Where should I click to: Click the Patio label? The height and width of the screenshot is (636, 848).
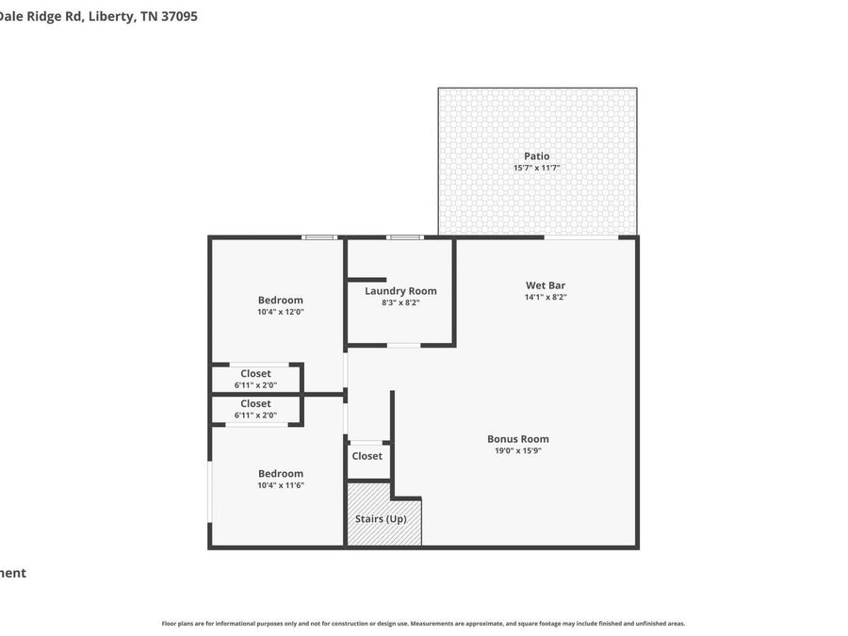(536, 156)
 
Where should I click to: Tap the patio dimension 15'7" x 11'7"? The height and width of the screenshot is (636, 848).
(536, 168)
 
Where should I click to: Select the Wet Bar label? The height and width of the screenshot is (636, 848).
(545, 285)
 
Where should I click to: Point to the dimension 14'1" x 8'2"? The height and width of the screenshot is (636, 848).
(545, 297)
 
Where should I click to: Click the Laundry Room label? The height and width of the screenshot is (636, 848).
(400, 291)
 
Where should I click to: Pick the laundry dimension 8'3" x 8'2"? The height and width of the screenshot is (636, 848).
(400, 302)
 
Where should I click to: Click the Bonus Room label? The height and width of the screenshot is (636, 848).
(517, 439)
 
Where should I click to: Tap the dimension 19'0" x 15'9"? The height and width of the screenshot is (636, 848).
(517, 450)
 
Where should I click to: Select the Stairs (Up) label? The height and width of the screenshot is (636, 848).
(381, 519)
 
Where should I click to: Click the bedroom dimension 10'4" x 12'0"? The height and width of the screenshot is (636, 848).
(281, 312)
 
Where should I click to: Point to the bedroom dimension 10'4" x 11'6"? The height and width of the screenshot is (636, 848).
(281, 485)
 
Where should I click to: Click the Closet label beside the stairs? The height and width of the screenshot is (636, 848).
(367, 456)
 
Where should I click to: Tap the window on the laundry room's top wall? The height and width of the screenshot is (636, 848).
(404, 237)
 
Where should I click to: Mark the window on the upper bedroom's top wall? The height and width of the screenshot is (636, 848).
(319, 237)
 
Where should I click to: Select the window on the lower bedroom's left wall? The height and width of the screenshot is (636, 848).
(209, 491)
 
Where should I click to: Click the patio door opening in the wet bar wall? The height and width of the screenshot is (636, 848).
(580, 237)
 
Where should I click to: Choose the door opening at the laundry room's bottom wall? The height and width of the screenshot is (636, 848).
(403, 346)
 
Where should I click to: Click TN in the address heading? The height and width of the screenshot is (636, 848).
(149, 16)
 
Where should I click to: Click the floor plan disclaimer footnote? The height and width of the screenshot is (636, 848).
(423, 624)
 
